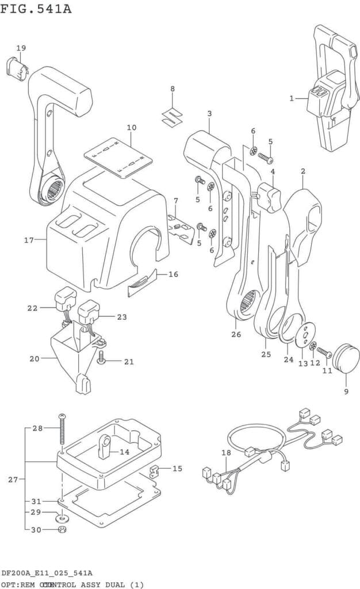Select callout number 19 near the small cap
[21, 48]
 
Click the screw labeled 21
[101, 360]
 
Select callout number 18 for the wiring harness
[226, 453]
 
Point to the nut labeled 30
[63, 529]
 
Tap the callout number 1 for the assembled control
[292, 98]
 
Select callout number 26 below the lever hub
[236, 335]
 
